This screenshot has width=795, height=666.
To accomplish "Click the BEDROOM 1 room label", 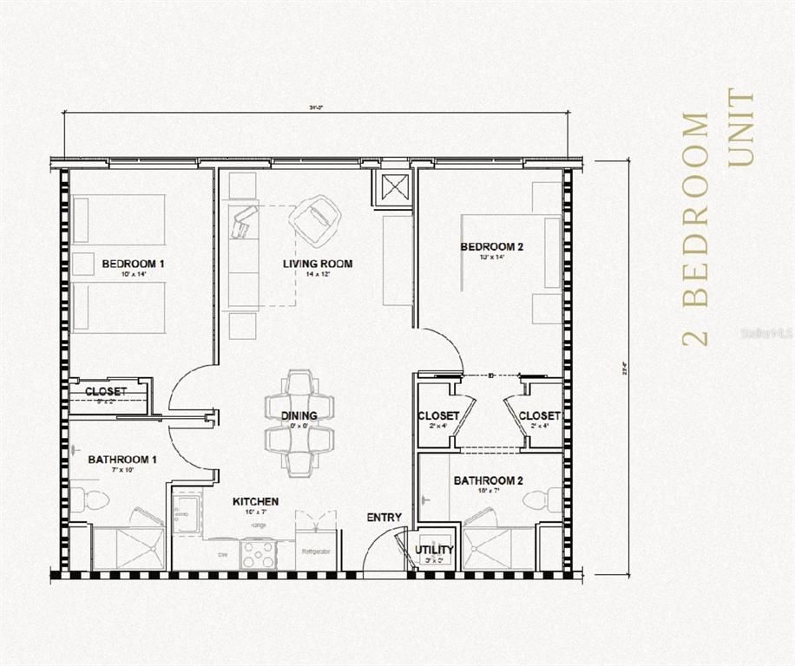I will (133, 264).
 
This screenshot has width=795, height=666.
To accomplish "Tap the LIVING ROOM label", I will (318, 264).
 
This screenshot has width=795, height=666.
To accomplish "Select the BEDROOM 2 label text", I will (492, 247).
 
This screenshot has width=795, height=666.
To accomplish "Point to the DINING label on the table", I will (299, 416).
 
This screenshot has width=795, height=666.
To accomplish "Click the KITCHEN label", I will (255, 501).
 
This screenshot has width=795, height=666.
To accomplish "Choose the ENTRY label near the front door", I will (384, 518).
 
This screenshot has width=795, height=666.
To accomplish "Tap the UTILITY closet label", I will (434, 550).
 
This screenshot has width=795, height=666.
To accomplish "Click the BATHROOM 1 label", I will (122, 460).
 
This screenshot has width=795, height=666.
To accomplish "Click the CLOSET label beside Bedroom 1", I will (106, 392).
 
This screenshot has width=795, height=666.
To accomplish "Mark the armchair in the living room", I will (315, 218).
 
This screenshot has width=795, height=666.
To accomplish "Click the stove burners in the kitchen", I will (258, 553).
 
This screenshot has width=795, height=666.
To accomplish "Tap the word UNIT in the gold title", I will (742, 127).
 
